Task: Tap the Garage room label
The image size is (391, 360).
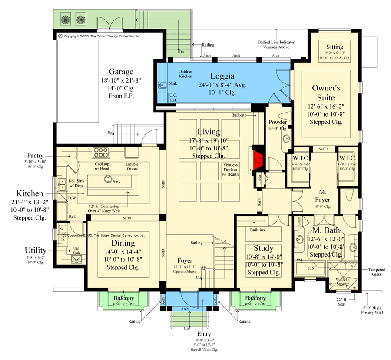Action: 121,72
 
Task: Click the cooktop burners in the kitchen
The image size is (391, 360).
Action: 100,153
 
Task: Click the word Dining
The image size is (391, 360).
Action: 123,243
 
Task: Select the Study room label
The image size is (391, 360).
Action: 263,248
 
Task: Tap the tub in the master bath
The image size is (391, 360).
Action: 310,267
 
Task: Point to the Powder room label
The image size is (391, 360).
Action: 278,122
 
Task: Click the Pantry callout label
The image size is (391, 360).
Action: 34,155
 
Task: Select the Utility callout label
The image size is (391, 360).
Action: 35,250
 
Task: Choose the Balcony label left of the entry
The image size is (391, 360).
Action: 124,298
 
